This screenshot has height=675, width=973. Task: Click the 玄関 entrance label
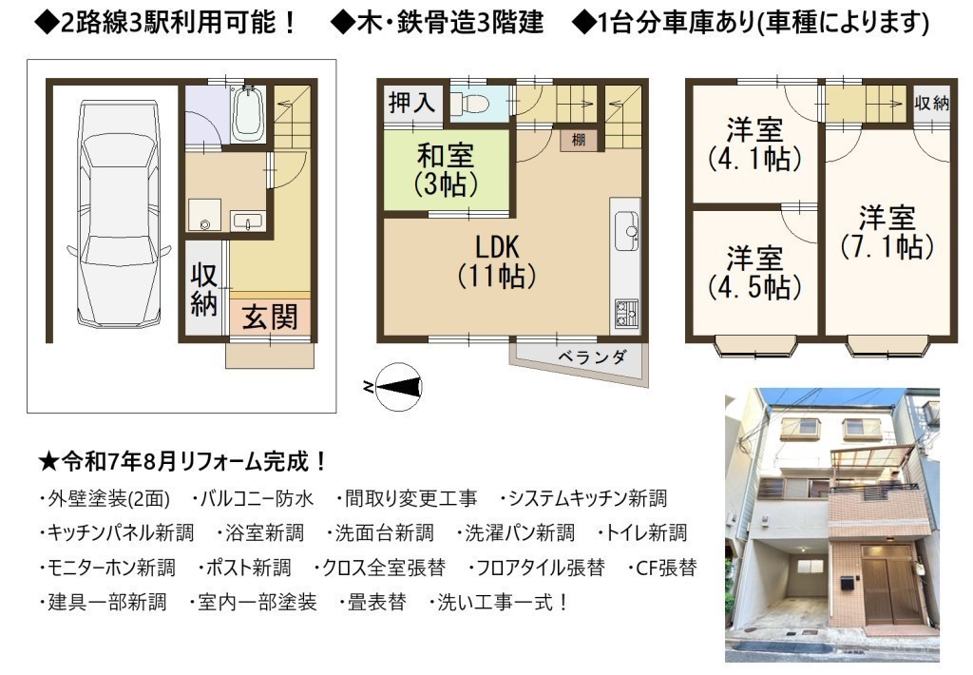click(x=270, y=318)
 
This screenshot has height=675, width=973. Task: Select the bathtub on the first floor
click(x=248, y=113)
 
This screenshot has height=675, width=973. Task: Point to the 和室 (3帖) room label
click(x=446, y=169)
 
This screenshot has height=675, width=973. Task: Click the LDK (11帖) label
click(x=496, y=261)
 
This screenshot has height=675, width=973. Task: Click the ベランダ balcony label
click(x=592, y=357)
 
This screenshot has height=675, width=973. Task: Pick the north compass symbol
click(x=398, y=387)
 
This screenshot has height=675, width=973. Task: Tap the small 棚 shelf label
click(x=579, y=140)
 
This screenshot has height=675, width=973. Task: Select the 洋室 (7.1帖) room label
click(x=887, y=232)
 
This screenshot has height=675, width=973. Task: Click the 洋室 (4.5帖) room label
click(x=754, y=273)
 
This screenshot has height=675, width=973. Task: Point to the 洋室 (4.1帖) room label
click(x=754, y=145)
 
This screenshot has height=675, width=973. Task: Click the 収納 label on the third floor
click(x=931, y=103)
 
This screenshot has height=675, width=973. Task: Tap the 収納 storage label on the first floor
click(x=203, y=289)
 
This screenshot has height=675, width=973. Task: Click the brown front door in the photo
click(x=886, y=591)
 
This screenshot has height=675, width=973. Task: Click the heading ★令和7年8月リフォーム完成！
click(x=182, y=462)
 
